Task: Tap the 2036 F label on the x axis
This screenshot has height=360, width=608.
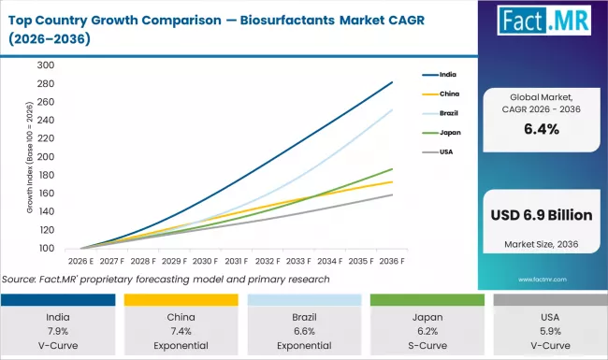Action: point(392,262)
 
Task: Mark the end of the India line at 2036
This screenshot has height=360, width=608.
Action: point(392,82)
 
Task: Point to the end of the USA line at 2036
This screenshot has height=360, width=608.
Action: point(392,194)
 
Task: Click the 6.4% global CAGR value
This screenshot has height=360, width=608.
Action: point(542,130)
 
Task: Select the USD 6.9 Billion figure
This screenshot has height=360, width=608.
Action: point(542,215)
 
